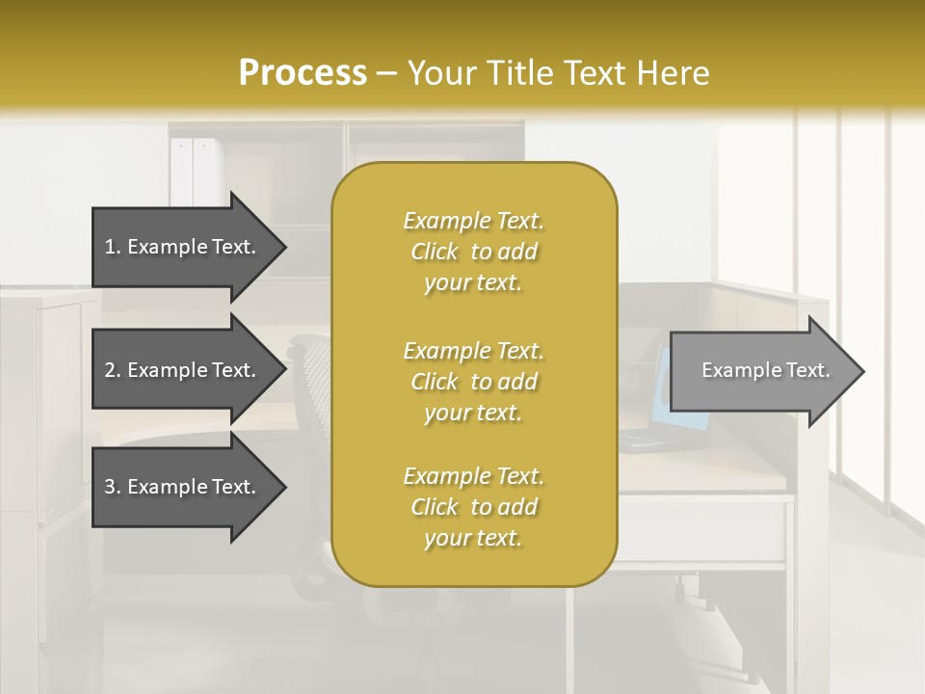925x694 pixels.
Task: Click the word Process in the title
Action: tap(303, 73)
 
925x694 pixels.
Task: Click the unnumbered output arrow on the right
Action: tap(761, 371)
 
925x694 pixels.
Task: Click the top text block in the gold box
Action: tap(473, 252)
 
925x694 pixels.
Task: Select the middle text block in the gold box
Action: tap(473, 381)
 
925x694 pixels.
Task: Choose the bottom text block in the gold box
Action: tap(473, 507)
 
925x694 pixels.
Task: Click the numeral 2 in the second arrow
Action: tap(110, 370)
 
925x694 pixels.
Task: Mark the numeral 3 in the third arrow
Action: tap(110, 487)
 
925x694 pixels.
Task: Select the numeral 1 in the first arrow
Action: tap(110, 247)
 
